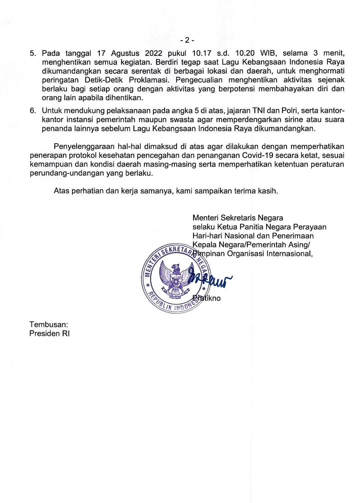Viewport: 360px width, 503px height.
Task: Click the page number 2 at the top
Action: coord(187,40)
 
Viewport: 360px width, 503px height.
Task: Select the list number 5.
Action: coord(32,53)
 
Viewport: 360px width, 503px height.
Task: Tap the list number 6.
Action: coord(32,111)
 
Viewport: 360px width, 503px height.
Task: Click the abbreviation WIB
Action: coord(268,53)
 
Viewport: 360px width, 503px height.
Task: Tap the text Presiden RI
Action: coord(49,333)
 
